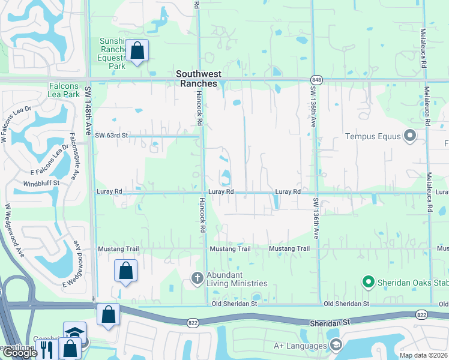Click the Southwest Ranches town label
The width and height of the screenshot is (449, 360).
199,79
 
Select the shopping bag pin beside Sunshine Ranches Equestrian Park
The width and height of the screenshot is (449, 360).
137,52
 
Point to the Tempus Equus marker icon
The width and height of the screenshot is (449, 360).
411,136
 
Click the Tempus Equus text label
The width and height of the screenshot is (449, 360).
373,136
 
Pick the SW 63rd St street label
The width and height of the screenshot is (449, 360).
112,136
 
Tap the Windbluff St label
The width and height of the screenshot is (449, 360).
41,182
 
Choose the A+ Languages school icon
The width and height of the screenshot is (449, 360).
336,345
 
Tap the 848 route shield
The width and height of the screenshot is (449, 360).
316,80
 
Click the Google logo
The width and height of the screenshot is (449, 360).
20,353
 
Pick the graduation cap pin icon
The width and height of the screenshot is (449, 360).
75,333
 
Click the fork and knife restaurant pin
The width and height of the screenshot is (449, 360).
46,349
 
